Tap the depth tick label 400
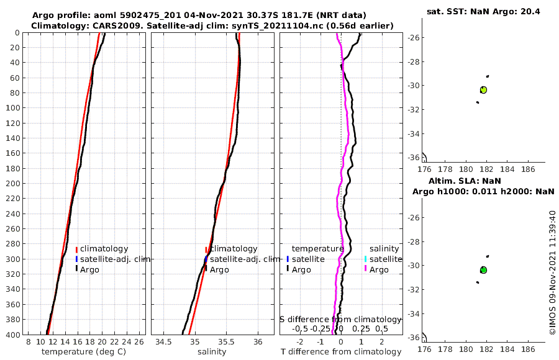tap(13, 334)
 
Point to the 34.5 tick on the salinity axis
tap(164, 342)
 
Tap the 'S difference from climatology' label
tap(341, 319)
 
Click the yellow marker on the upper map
tap(483, 90)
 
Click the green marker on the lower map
tap(483, 270)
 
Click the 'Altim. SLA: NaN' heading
tap(482, 181)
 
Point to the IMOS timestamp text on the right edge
tap(553, 273)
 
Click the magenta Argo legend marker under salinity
tap(366, 269)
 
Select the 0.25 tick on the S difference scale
tap(360, 328)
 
